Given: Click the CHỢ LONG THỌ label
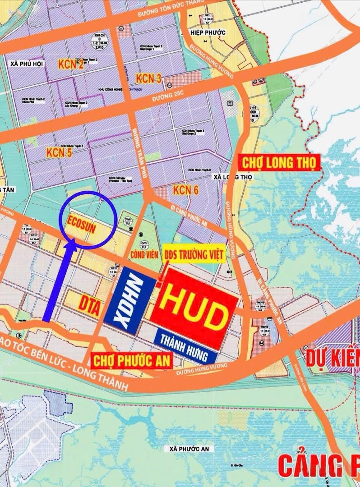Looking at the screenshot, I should [x=279, y=162].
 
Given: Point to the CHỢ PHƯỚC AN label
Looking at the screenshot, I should [x=132, y=360].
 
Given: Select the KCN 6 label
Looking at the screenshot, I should [x=185, y=190].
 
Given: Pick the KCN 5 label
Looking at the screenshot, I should [x=59, y=153].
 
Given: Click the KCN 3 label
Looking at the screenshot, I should [x=148, y=79].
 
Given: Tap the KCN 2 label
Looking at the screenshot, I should [x=71, y=64].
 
